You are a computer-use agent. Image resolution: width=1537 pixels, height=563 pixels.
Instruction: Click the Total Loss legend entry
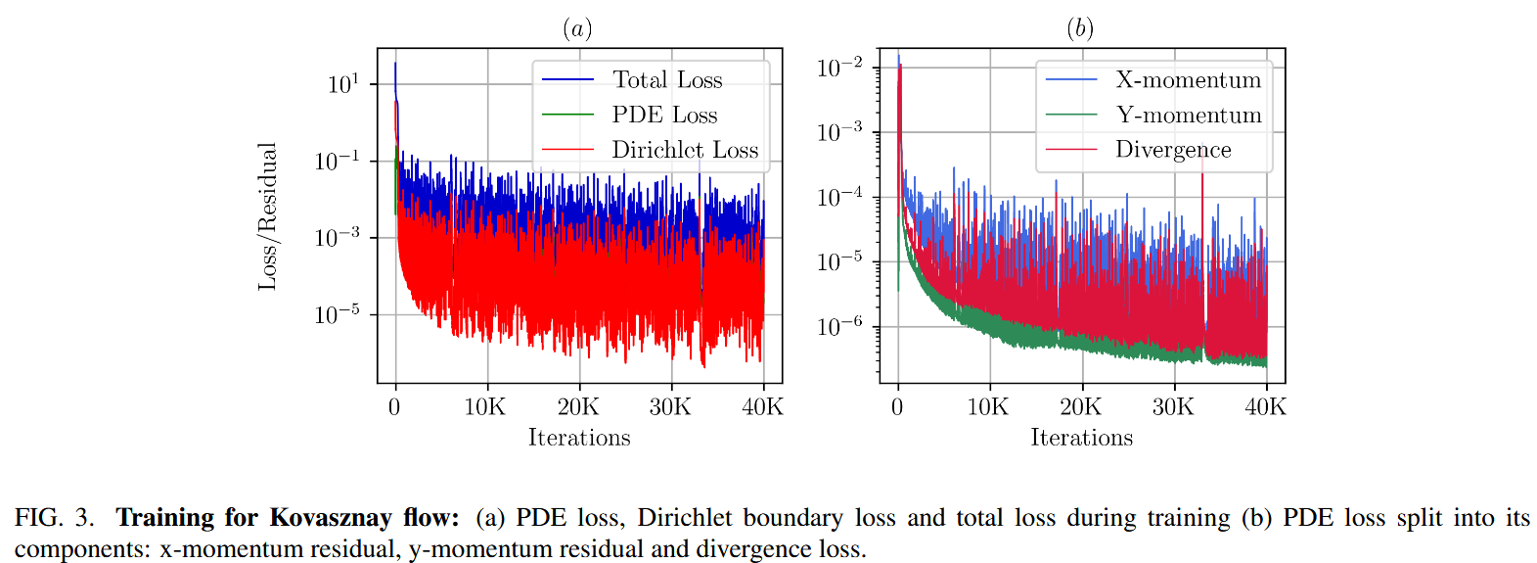point(667,80)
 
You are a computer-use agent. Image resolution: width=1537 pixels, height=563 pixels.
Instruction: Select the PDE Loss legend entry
point(664,116)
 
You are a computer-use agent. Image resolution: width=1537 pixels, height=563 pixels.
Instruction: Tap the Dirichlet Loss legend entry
point(685,150)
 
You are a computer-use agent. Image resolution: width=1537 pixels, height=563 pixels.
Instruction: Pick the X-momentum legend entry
point(1188,80)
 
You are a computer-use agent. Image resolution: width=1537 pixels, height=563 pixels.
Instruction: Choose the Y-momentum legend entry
point(1189,116)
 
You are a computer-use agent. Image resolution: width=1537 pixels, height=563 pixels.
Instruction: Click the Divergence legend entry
point(1173,150)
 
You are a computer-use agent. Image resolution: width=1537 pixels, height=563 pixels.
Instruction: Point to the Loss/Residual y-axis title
point(267,216)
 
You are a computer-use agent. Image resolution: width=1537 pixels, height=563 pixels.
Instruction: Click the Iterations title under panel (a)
point(579,438)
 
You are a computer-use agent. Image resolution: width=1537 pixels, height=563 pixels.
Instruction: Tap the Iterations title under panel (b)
point(1081,438)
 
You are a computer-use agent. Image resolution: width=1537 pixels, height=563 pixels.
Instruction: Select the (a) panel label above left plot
point(577,28)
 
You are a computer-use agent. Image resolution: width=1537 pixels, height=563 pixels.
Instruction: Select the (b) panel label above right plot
point(1080,28)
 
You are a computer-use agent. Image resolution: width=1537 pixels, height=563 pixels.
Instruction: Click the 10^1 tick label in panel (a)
point(343,85)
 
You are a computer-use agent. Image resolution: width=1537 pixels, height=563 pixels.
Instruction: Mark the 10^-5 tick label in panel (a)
point(338,315)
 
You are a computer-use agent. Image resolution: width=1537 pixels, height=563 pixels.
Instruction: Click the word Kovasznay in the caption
point(331,517)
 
